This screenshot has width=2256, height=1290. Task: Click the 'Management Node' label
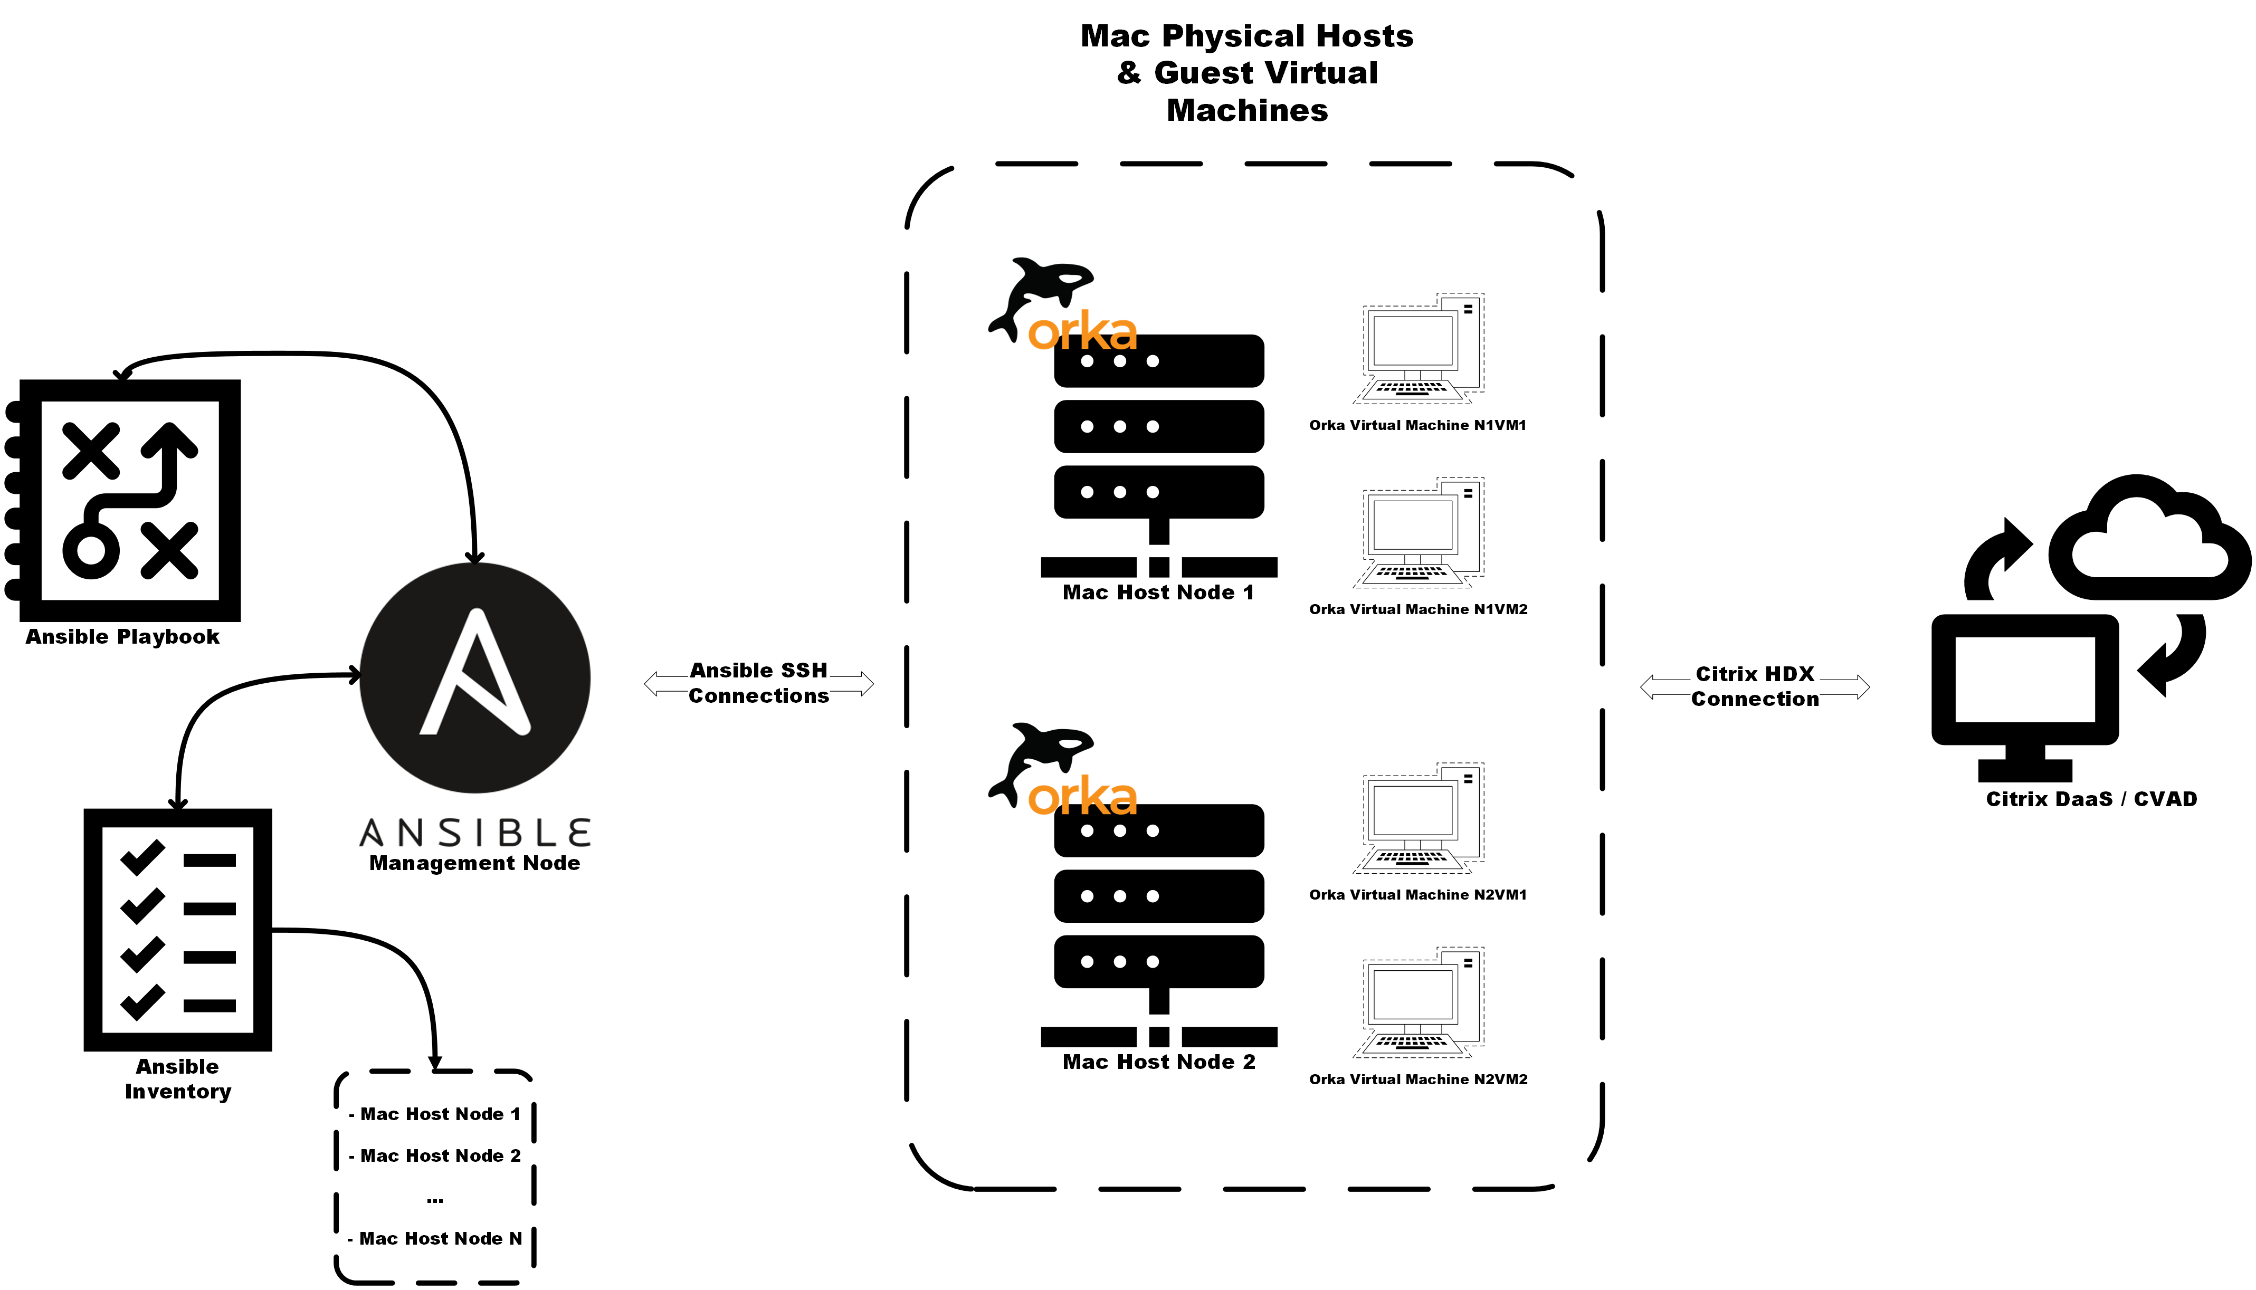[x=475, y=863]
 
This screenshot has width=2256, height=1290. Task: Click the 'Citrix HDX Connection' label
[x=1755, y=686]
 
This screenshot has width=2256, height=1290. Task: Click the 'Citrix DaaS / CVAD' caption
[x=2091, y=799]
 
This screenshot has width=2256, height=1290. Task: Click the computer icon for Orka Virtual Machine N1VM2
[x=1418, y=532]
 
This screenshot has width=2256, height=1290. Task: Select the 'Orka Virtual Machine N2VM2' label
[x=1418, y=1079]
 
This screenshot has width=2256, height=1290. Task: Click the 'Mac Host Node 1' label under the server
[x=1158, y=593]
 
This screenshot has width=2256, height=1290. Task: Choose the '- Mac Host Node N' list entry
[x=434, y=1239]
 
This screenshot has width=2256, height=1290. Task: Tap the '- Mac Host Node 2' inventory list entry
[x=434, y=1155]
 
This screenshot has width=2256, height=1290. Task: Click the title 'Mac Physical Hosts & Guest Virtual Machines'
[x=1246, y=73]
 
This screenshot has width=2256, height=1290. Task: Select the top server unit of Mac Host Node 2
[x=1158, y=830]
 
